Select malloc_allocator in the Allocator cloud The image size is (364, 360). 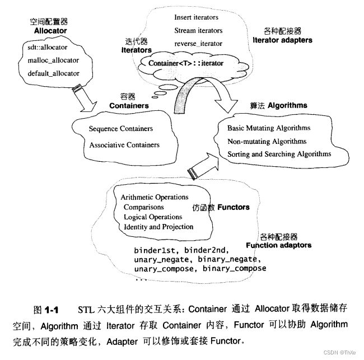pyautogui.click(x=53, y=60)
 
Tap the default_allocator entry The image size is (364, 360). pyautogui.click(x=53, y=73)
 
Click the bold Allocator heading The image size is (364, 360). pyautogui.click(x=50, y=31)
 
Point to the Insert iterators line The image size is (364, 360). pyautogui.click(x=196, y=17)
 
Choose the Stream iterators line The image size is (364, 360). pyautogui.click(x=198, y=30)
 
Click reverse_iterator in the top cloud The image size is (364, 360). pyautogui.click(x=198, y=43)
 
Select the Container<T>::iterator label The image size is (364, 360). pyautogui.click(x=185, y=63)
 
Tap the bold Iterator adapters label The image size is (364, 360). pyautogui.click(x=282, y=40)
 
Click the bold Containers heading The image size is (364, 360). pyautogui.click(x=129, y=105)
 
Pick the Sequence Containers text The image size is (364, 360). pyautogui.click(x=120, y=129)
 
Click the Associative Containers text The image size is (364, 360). pyautogui.click(x=124, y=145)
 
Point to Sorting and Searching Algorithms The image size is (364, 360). pyautogui.click(x=279, y=154)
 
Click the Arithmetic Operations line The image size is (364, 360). pyautogui.click(x=154, y=197)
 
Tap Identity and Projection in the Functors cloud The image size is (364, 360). pyautogui.click(x=158, y=227)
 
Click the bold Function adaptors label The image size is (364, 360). pyautogui.click(x=278, y=245)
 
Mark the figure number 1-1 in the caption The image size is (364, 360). pyautogui.click(x=52, y=309)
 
